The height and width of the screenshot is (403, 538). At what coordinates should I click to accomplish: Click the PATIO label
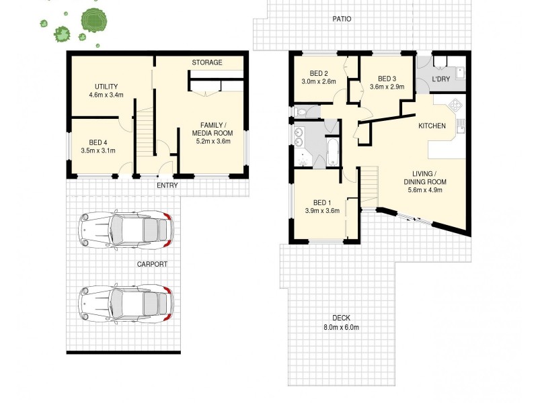coord(342,19)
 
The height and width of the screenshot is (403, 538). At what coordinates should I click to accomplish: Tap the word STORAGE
coord(207,62)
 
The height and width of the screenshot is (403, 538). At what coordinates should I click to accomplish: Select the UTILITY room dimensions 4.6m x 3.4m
coord(106,95)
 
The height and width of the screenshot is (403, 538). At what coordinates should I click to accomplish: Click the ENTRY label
coord(167,185)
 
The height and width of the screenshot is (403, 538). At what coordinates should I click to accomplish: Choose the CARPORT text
coord(151,264)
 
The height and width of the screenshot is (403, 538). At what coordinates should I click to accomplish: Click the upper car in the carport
coord(126,230)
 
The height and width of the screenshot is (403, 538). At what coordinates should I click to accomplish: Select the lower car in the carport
coord(126,303)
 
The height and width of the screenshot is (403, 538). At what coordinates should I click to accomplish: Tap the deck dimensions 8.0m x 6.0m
coord(341,327)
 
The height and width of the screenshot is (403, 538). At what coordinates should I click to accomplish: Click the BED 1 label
coord(322,202)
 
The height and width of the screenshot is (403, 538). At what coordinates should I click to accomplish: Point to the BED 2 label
coord(319,74)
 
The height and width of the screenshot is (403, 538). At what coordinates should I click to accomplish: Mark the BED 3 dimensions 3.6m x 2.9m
coord(387,87)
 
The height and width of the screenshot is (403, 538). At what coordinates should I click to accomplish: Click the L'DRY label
coord(441,80)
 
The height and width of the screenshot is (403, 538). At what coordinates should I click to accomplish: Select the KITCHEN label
coord(432,126)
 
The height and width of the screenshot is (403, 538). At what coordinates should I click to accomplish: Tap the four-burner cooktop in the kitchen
coord(455,106)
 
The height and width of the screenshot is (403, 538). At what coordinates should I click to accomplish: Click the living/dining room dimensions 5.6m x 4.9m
coord(424,190)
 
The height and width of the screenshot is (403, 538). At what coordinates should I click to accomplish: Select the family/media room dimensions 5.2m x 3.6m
coord(213,141)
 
